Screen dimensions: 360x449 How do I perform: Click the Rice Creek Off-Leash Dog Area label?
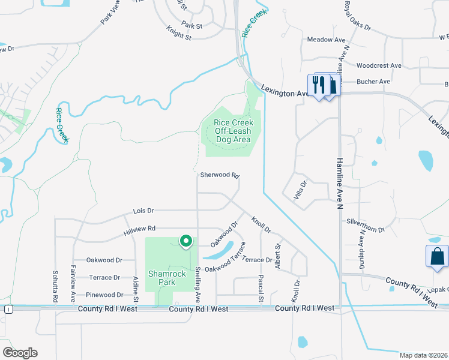click(234, 131)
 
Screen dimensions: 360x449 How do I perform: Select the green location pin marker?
click(186, 241)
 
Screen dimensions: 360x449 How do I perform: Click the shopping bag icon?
click(437, 256)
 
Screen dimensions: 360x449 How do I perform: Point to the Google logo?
click(20, 352)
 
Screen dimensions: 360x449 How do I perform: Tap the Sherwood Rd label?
click(220, 176)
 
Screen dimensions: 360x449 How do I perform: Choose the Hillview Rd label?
click(139, 229)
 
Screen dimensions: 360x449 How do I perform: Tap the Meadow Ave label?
click(327, 40)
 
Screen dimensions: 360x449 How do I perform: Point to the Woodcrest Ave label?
click(378, 65)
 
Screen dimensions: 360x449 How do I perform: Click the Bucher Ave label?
click(373, 82)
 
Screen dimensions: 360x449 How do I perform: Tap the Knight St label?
click(179, 37)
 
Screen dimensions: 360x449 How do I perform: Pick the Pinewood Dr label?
click(104, 295)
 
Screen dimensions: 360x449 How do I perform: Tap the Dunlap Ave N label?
click(362, 250)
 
